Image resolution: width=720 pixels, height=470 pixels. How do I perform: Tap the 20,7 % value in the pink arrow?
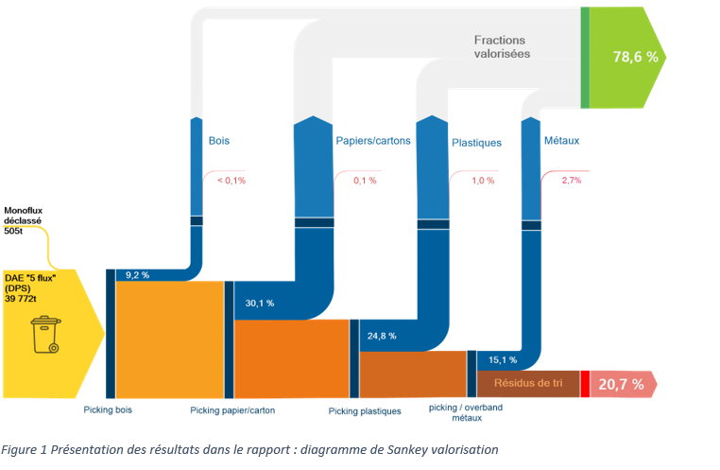[621, 384]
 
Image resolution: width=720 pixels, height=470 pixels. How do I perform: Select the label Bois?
[219, 141]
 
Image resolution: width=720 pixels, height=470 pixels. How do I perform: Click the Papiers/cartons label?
[373, 141]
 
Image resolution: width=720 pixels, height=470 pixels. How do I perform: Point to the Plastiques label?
[476, 143]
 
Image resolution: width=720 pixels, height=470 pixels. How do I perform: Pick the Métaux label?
[562, 141]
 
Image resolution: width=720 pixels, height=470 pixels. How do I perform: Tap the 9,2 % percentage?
[139, 274]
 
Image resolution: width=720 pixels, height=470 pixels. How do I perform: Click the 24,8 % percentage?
[382, 335]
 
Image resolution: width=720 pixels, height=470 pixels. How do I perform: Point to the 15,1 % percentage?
[502, 359]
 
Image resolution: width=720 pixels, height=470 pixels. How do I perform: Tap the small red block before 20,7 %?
[586, 383]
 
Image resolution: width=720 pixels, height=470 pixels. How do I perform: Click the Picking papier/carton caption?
[232, 410]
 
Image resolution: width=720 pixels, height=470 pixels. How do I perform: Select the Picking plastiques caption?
[365, 411]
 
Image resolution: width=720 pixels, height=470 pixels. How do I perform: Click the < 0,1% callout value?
[231, 180]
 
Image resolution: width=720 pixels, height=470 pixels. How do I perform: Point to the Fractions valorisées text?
[502, 47]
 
